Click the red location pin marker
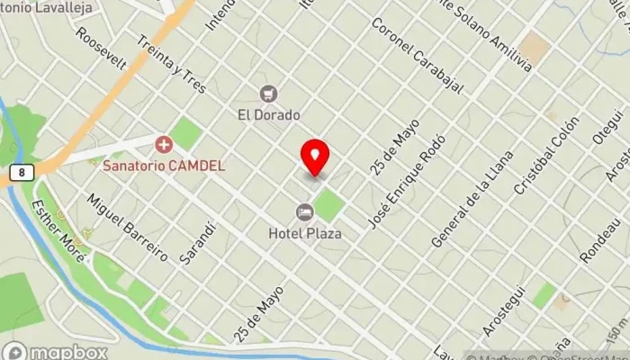[315, 157]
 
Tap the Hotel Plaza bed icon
[305, 211]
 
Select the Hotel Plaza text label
[305, 233]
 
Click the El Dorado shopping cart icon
[268, 94]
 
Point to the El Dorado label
[268, 114]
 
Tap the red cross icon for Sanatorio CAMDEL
[164, 144]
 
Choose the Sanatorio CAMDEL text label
[164, 166]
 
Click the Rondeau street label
[601, 241]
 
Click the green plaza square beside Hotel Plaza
[329, 204]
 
